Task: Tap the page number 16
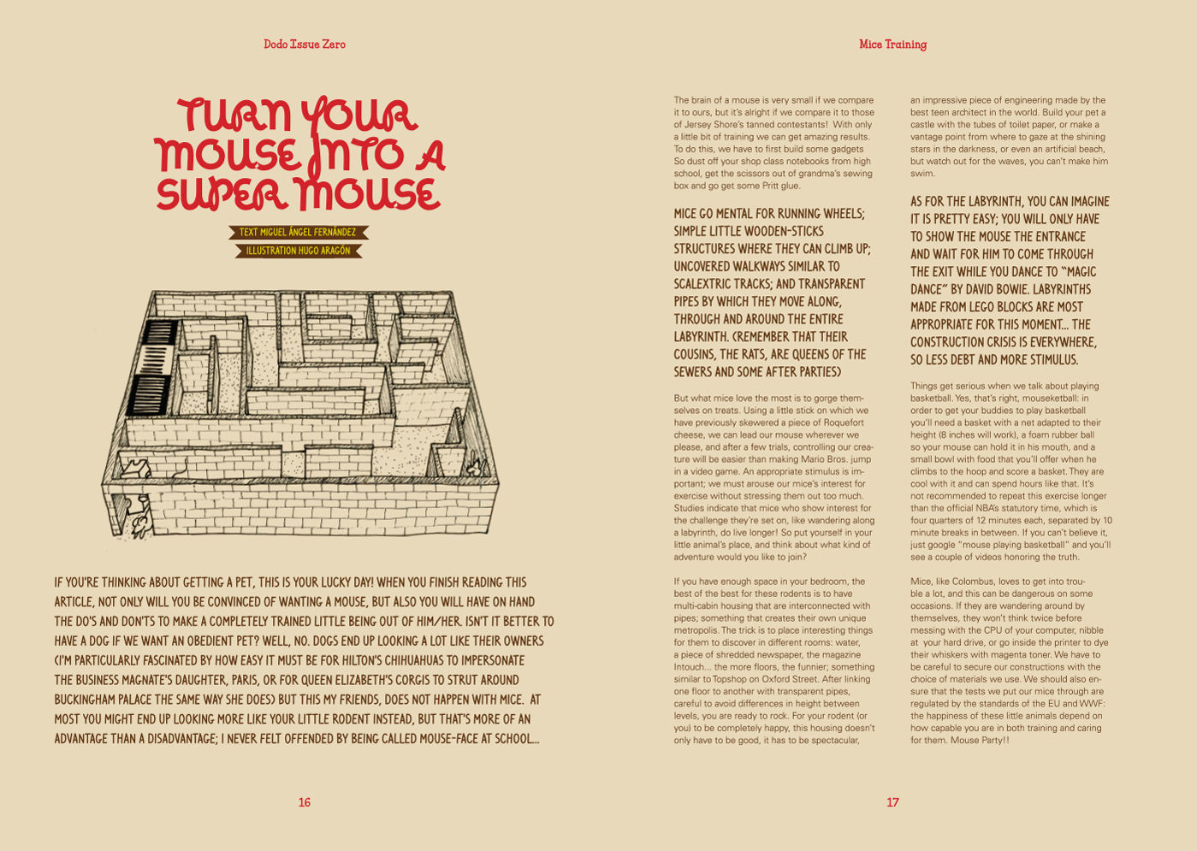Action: tap(305, 802)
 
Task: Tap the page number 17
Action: tap(892, 802)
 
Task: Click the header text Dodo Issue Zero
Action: tap(305, 44)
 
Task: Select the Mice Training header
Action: tap(892, 44)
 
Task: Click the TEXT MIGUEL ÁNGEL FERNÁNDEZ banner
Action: tap(298, 233)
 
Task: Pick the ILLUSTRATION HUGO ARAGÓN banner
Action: tap(298, 251)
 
